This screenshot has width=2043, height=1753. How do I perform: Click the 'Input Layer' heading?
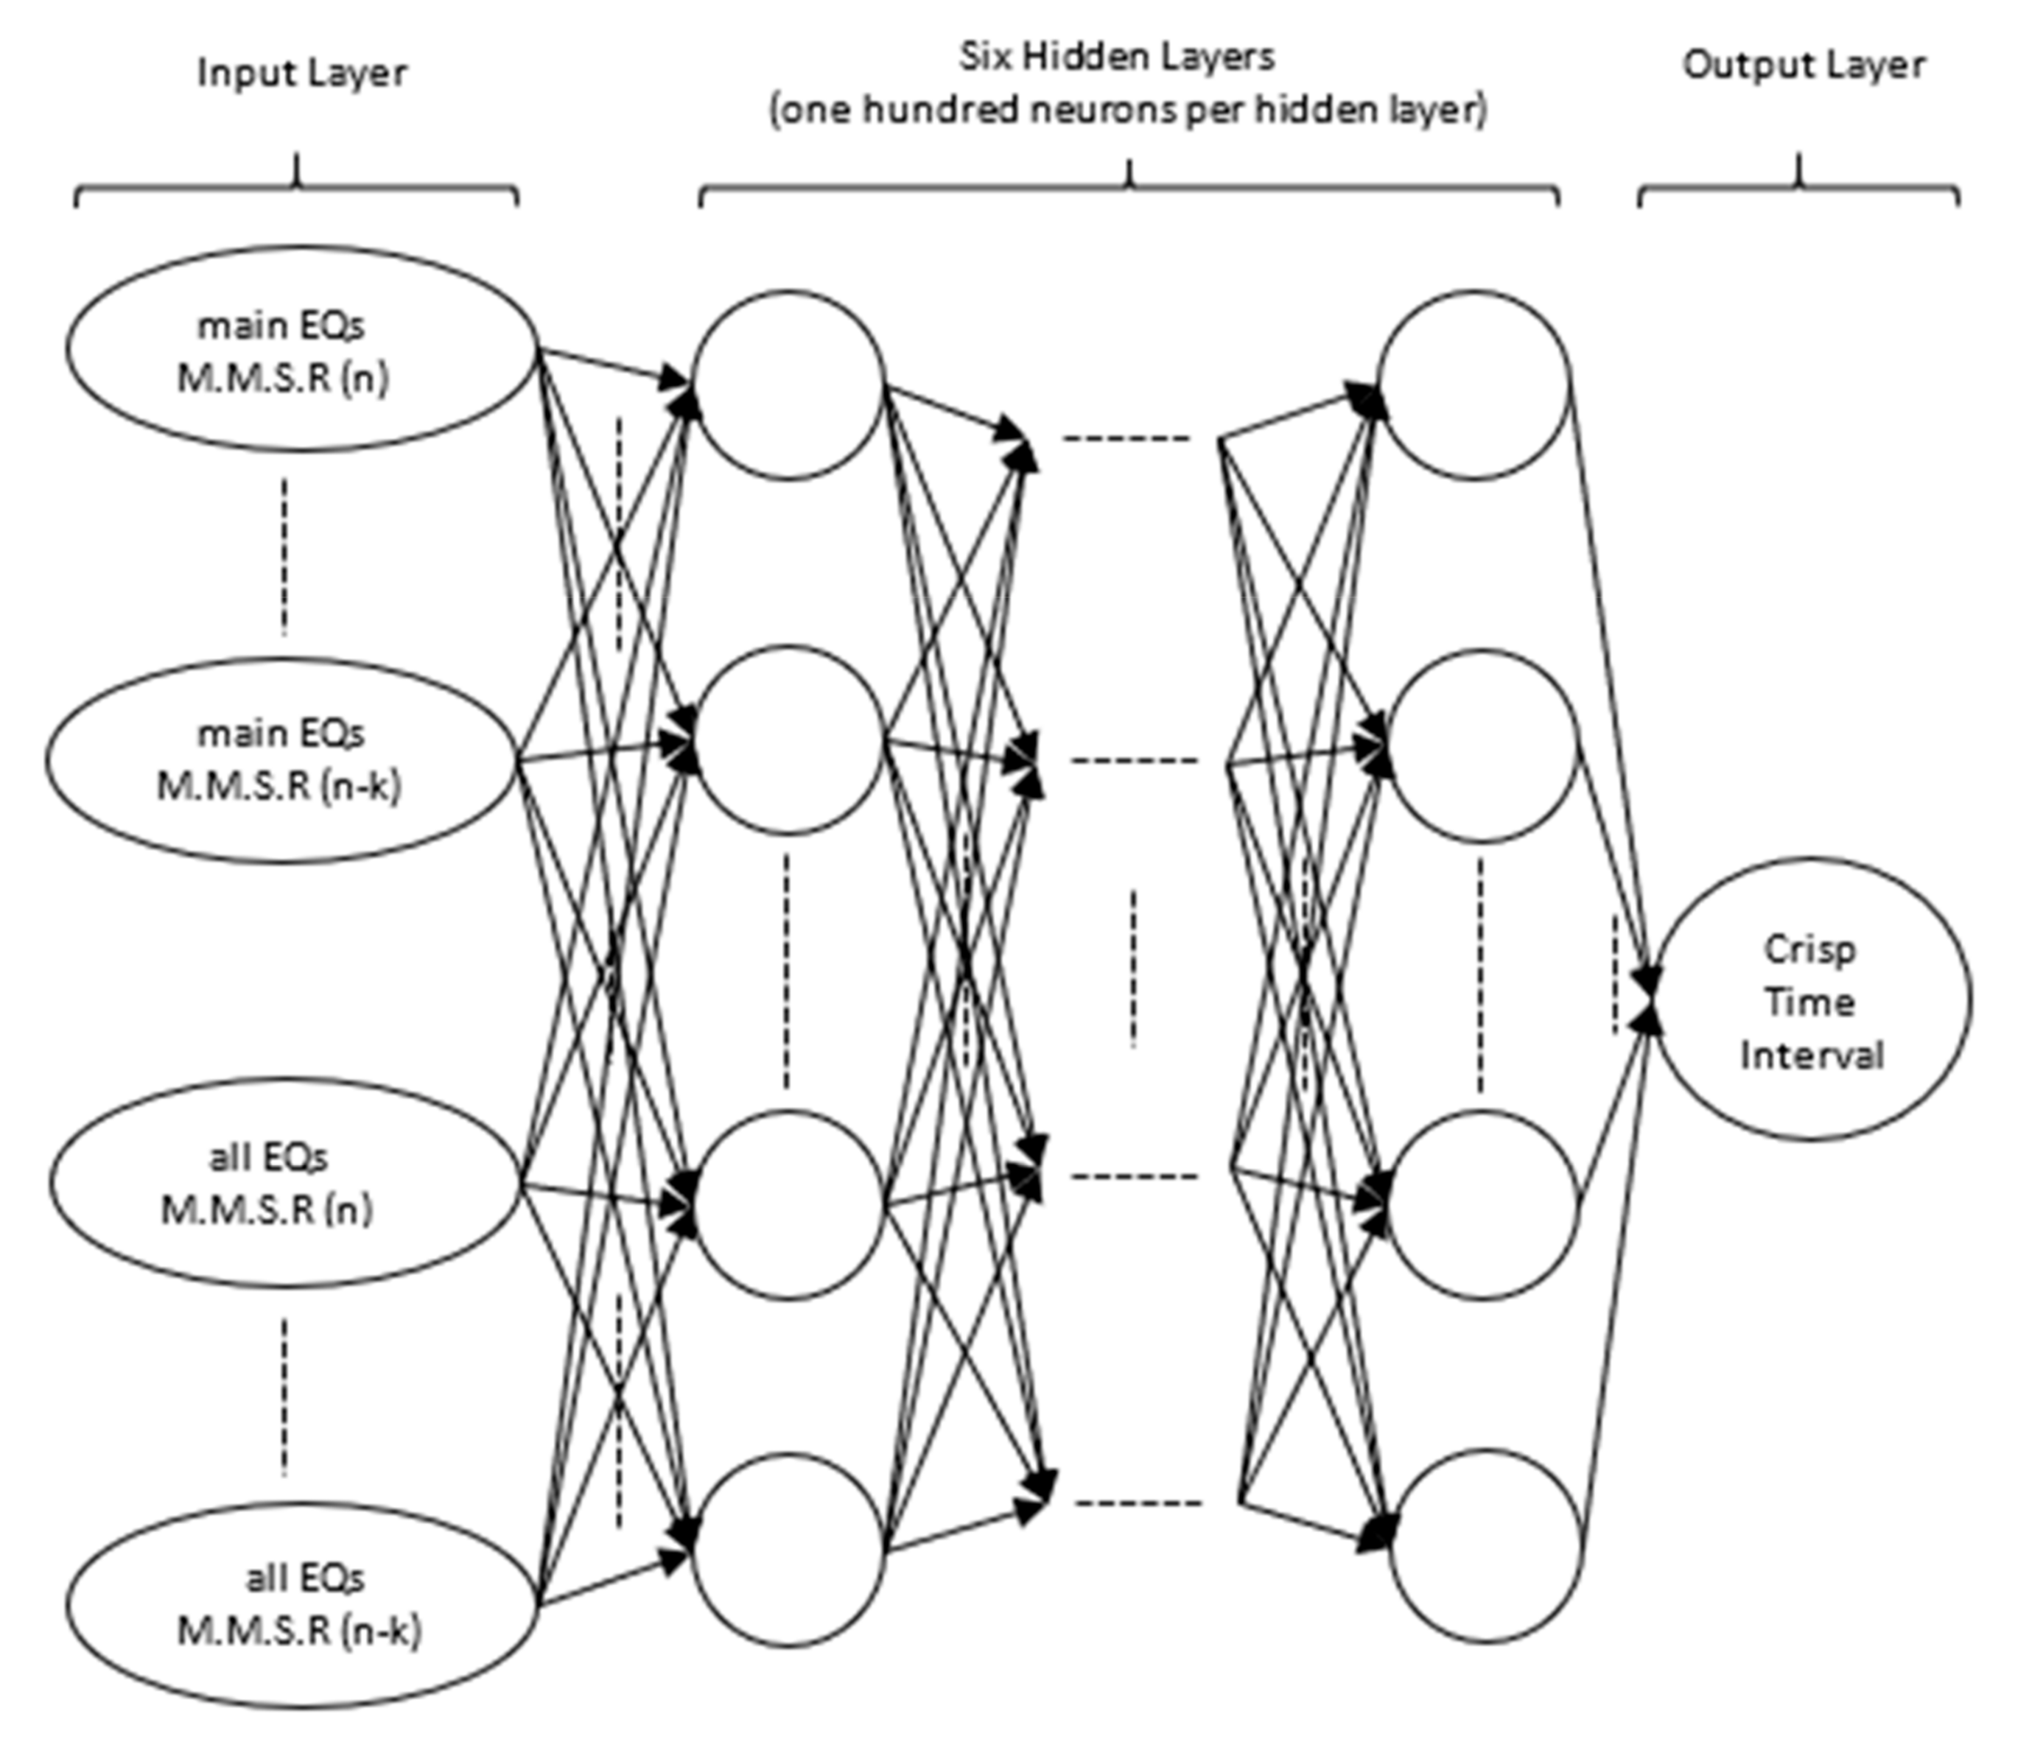click(302, 74)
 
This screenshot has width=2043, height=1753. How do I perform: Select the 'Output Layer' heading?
click(1804, 65)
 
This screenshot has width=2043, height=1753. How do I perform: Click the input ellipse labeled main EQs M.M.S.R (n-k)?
click(281, 760)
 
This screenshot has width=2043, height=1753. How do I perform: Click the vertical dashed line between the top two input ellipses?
click(285, 556)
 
